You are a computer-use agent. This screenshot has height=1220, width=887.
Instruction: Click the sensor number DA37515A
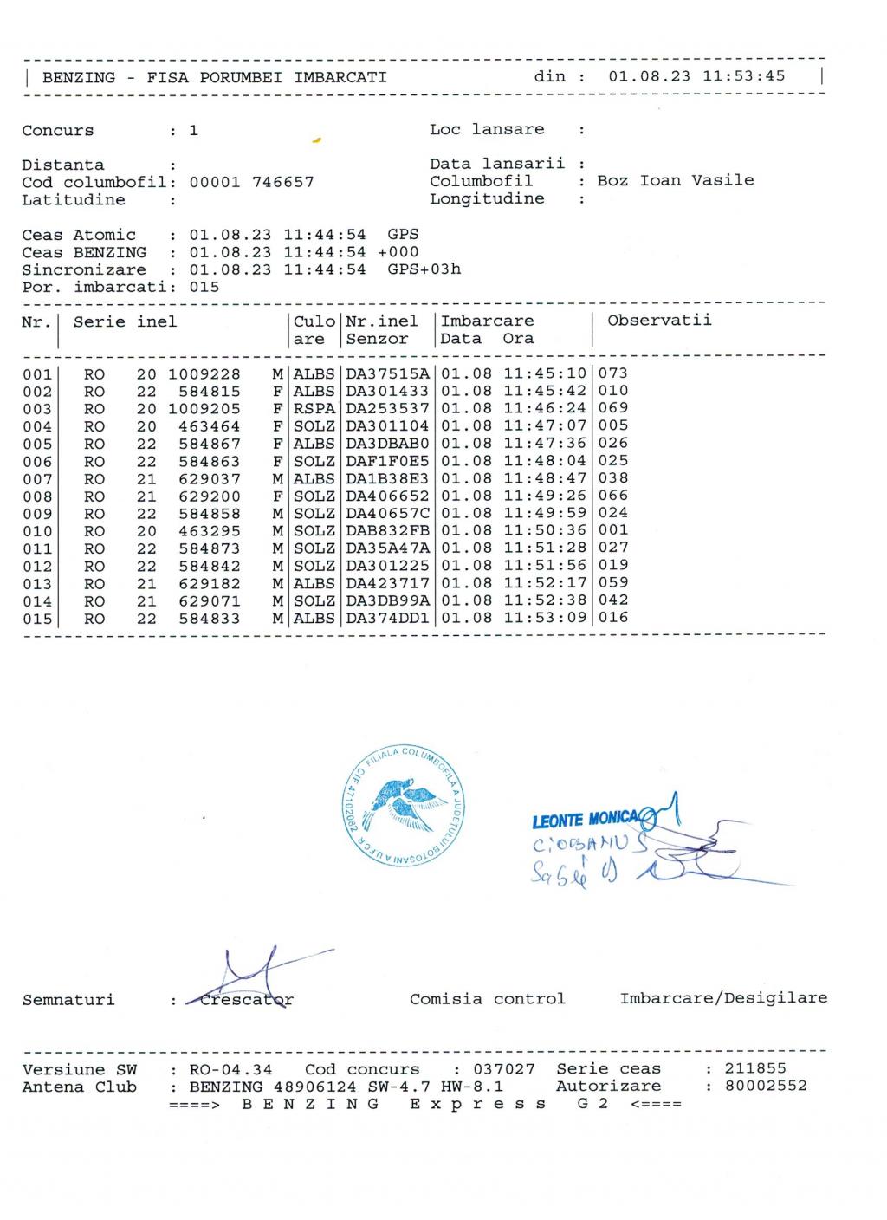(387, 373)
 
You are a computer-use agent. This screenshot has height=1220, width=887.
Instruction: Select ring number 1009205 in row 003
(204, 409)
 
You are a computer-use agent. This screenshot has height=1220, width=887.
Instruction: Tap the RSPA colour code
(314, 408)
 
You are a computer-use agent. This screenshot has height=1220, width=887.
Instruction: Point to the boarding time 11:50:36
(545, 530)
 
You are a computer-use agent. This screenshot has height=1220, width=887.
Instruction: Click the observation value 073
(613, 373)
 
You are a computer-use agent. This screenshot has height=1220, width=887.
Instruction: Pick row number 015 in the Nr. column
(37, 619)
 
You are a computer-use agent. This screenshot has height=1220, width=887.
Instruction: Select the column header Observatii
(659, 321)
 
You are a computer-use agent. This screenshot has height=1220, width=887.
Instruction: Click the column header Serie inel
(125, 322)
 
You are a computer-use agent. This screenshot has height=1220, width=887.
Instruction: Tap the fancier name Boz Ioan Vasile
(676, 180)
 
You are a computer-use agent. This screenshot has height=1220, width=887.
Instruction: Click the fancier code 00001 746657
(251, 182)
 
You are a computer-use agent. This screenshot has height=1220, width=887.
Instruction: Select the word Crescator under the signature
(247, 1000)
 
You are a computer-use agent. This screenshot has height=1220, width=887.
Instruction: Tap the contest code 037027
(504, 1069)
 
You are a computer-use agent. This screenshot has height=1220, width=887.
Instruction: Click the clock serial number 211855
(755, 1068)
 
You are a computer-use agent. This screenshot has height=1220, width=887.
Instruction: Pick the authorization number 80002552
(766, 1086)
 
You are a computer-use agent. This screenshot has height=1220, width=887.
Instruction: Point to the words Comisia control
(488, 999)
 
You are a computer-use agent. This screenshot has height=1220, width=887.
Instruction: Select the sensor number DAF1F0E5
(387, 461)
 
